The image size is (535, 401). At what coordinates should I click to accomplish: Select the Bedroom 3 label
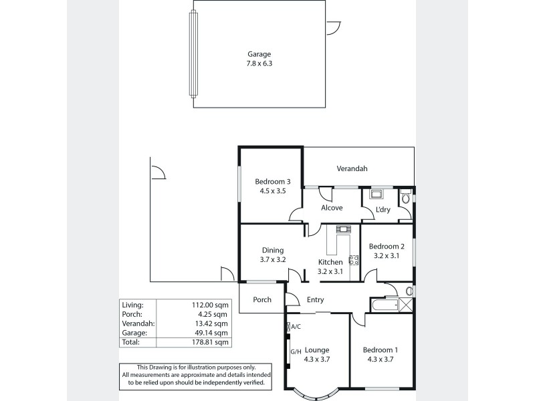(x=272, y=181)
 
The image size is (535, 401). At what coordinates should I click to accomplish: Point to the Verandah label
(x=352, y=169)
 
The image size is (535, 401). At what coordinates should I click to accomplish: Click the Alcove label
(x=332, y=208)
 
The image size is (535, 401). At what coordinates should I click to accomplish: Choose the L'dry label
(x=383, y=210)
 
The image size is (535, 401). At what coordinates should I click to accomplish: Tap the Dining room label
(x=272, y=251)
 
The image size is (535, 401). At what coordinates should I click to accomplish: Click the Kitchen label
(x=330, y=262)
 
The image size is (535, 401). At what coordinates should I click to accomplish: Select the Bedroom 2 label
(x=387, y=246)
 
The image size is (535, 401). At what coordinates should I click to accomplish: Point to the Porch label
(x=262, y=299)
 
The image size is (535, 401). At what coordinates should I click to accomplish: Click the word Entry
(x=316, y=300)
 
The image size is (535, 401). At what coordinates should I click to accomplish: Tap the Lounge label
(x=318, y=350)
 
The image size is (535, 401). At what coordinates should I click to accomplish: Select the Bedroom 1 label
(x=380, y=350)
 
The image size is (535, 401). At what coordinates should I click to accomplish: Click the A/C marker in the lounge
(x=294, y=327)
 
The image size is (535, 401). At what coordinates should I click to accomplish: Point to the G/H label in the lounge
(x=294, y=352)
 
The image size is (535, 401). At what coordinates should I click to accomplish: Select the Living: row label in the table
(x=132, y=304)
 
